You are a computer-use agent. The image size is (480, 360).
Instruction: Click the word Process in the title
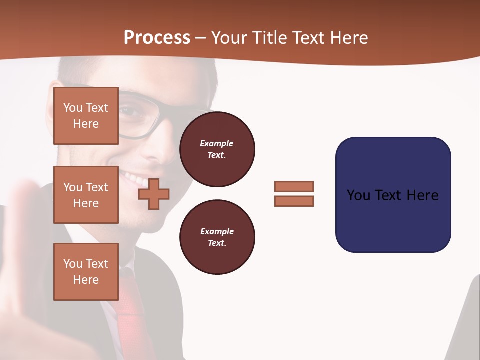coord(157,38)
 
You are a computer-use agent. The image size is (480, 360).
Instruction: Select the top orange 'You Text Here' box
coord(86,116)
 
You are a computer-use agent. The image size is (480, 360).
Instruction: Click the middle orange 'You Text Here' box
coord(86,195)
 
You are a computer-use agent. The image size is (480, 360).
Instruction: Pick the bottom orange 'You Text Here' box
coord(86,272)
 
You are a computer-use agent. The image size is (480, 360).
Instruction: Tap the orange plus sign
coord(154,194)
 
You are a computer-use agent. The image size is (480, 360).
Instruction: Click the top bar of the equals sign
coord(294,186)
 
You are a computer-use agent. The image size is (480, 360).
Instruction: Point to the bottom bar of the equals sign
coord(294,201)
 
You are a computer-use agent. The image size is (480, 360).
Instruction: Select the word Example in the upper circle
coord(217,143)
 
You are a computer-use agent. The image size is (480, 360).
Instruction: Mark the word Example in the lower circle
coord(217,231)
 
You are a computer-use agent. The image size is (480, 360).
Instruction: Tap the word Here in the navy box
coord(423,195)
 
